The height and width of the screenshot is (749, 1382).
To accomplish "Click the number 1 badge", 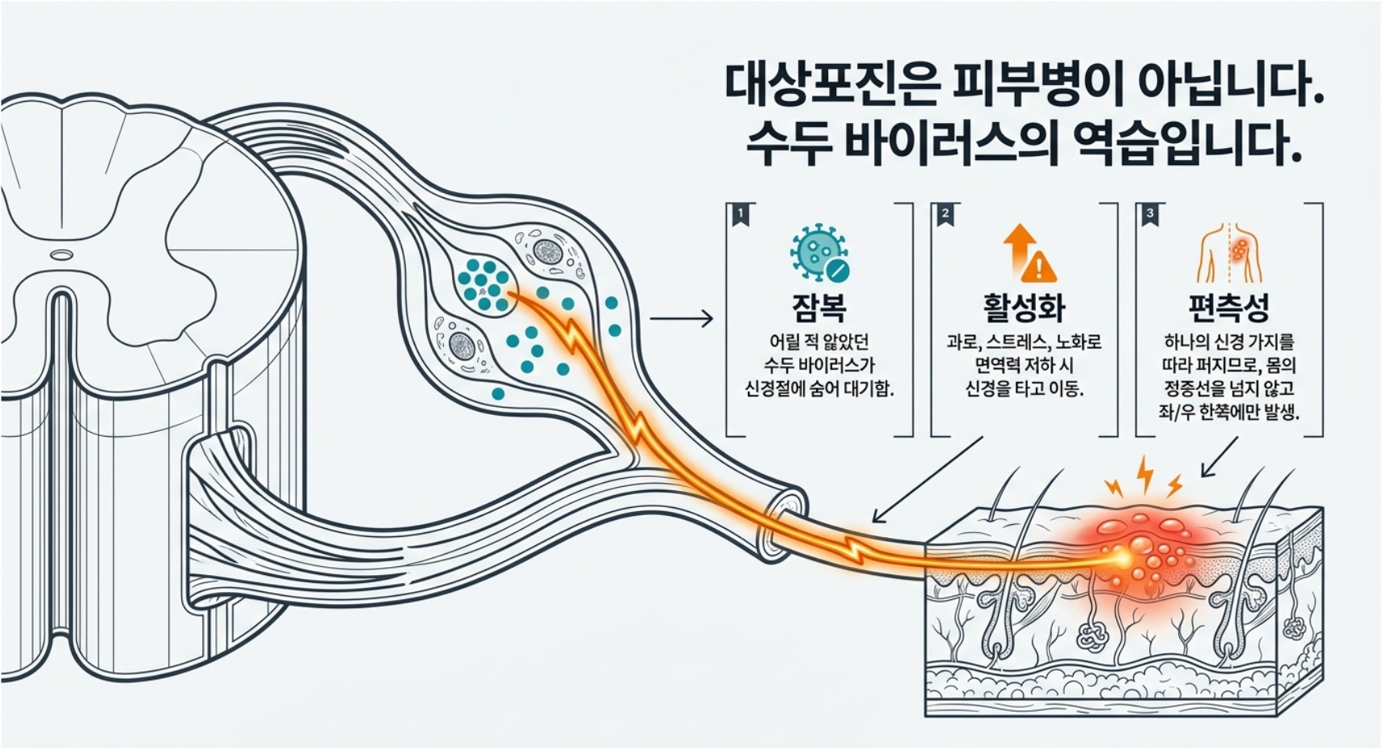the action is [741, 215].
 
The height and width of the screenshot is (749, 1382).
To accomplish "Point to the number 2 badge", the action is [945, 215].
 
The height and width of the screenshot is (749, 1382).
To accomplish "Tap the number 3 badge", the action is [1150, 215].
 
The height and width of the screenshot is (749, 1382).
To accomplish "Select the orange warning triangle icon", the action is [1039, 267].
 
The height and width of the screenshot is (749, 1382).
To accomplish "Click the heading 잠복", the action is [819, 307].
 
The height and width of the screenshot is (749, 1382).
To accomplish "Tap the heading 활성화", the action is [1024, 307].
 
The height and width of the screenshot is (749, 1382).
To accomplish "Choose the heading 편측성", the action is [1229, 307].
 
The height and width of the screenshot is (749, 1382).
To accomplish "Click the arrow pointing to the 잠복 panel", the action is [681, 319].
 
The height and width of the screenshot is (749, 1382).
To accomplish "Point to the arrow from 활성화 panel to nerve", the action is [927, 480].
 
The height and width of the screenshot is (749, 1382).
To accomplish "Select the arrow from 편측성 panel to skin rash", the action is [1219, 457].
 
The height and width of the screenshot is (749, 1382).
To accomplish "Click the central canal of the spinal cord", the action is [61, 254].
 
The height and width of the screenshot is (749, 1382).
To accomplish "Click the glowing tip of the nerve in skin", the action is [1122, 559].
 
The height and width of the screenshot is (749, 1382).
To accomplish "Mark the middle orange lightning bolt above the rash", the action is [1145, 474].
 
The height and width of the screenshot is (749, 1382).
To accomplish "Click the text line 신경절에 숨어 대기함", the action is [819, 389].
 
